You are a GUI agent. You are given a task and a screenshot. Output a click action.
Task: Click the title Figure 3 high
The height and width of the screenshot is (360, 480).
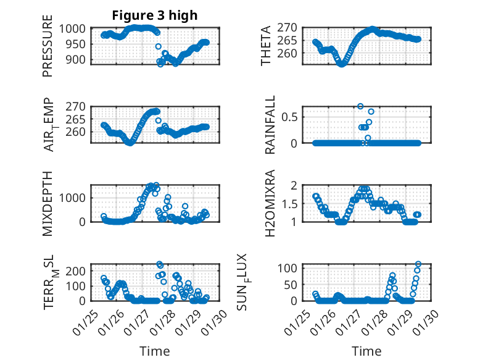point(155,15)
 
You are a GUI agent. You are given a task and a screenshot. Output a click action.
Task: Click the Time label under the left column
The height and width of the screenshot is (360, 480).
point(154,351)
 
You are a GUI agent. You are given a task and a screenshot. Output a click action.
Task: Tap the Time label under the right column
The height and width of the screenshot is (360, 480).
point(367,351)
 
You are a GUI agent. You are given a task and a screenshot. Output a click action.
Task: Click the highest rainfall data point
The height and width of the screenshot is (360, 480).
point(360,106)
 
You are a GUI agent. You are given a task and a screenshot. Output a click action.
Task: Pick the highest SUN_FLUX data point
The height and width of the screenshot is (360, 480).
point(418,264)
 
